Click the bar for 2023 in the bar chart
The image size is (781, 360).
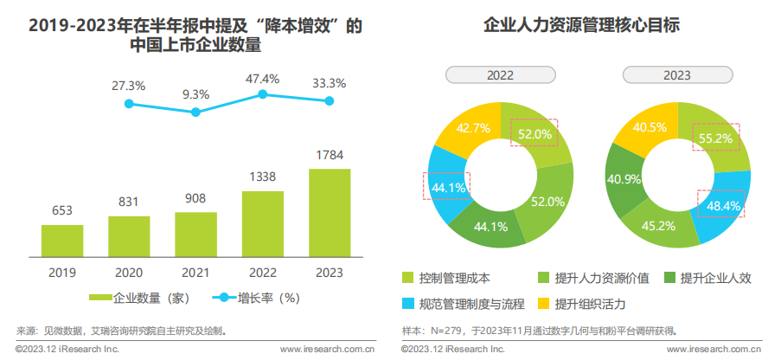pos(330,214)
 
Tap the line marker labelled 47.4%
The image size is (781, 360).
pos(263,95)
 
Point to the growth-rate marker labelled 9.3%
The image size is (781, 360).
pos(195,112)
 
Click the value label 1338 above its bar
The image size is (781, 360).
pos(263,177)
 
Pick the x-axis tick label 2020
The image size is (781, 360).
pos(129,272)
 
